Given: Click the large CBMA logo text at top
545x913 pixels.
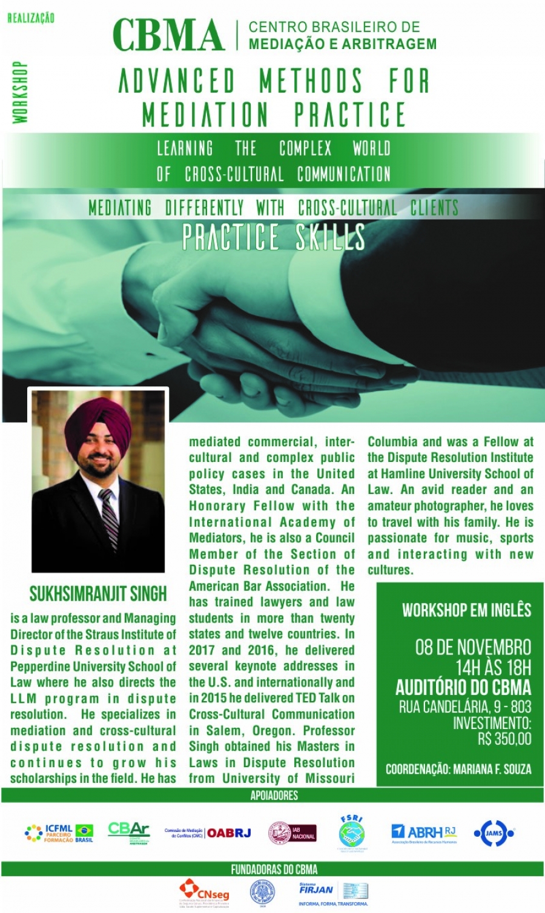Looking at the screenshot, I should [168, 35].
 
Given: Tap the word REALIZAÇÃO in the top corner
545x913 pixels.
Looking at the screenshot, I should [31, 18].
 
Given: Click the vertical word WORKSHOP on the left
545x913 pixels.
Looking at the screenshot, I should [21, 93].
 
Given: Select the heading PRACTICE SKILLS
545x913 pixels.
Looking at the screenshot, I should [274, 237].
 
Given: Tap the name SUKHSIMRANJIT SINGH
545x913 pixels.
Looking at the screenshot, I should [98, 594].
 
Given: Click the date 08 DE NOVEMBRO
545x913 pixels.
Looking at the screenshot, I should [473, 647].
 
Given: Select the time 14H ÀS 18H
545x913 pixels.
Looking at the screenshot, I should [493, 668].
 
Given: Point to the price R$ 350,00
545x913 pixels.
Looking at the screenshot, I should [504, 739].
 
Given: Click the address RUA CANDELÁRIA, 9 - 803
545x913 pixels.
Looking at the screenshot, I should [464, 707].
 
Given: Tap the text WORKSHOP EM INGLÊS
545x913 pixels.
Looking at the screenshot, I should [466, 610].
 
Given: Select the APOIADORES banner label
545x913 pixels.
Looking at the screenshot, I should [274, 796].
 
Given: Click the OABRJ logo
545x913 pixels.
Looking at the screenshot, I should [229, 833].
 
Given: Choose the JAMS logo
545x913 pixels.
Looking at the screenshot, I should [494, 834].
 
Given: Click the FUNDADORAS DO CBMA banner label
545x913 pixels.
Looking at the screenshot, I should [274, 869].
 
